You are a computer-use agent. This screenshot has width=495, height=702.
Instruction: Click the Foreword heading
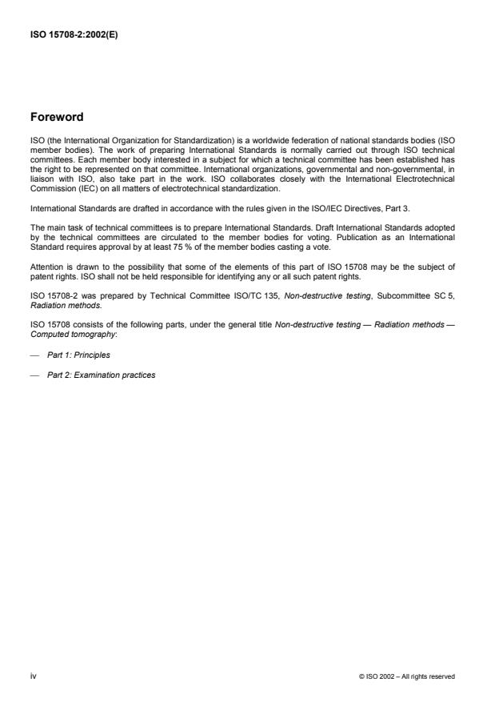(x=56, y=117)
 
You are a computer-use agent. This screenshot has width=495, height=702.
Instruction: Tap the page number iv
(x=33, y=676)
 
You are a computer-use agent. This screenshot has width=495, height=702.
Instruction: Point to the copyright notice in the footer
(x=407, y=676)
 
